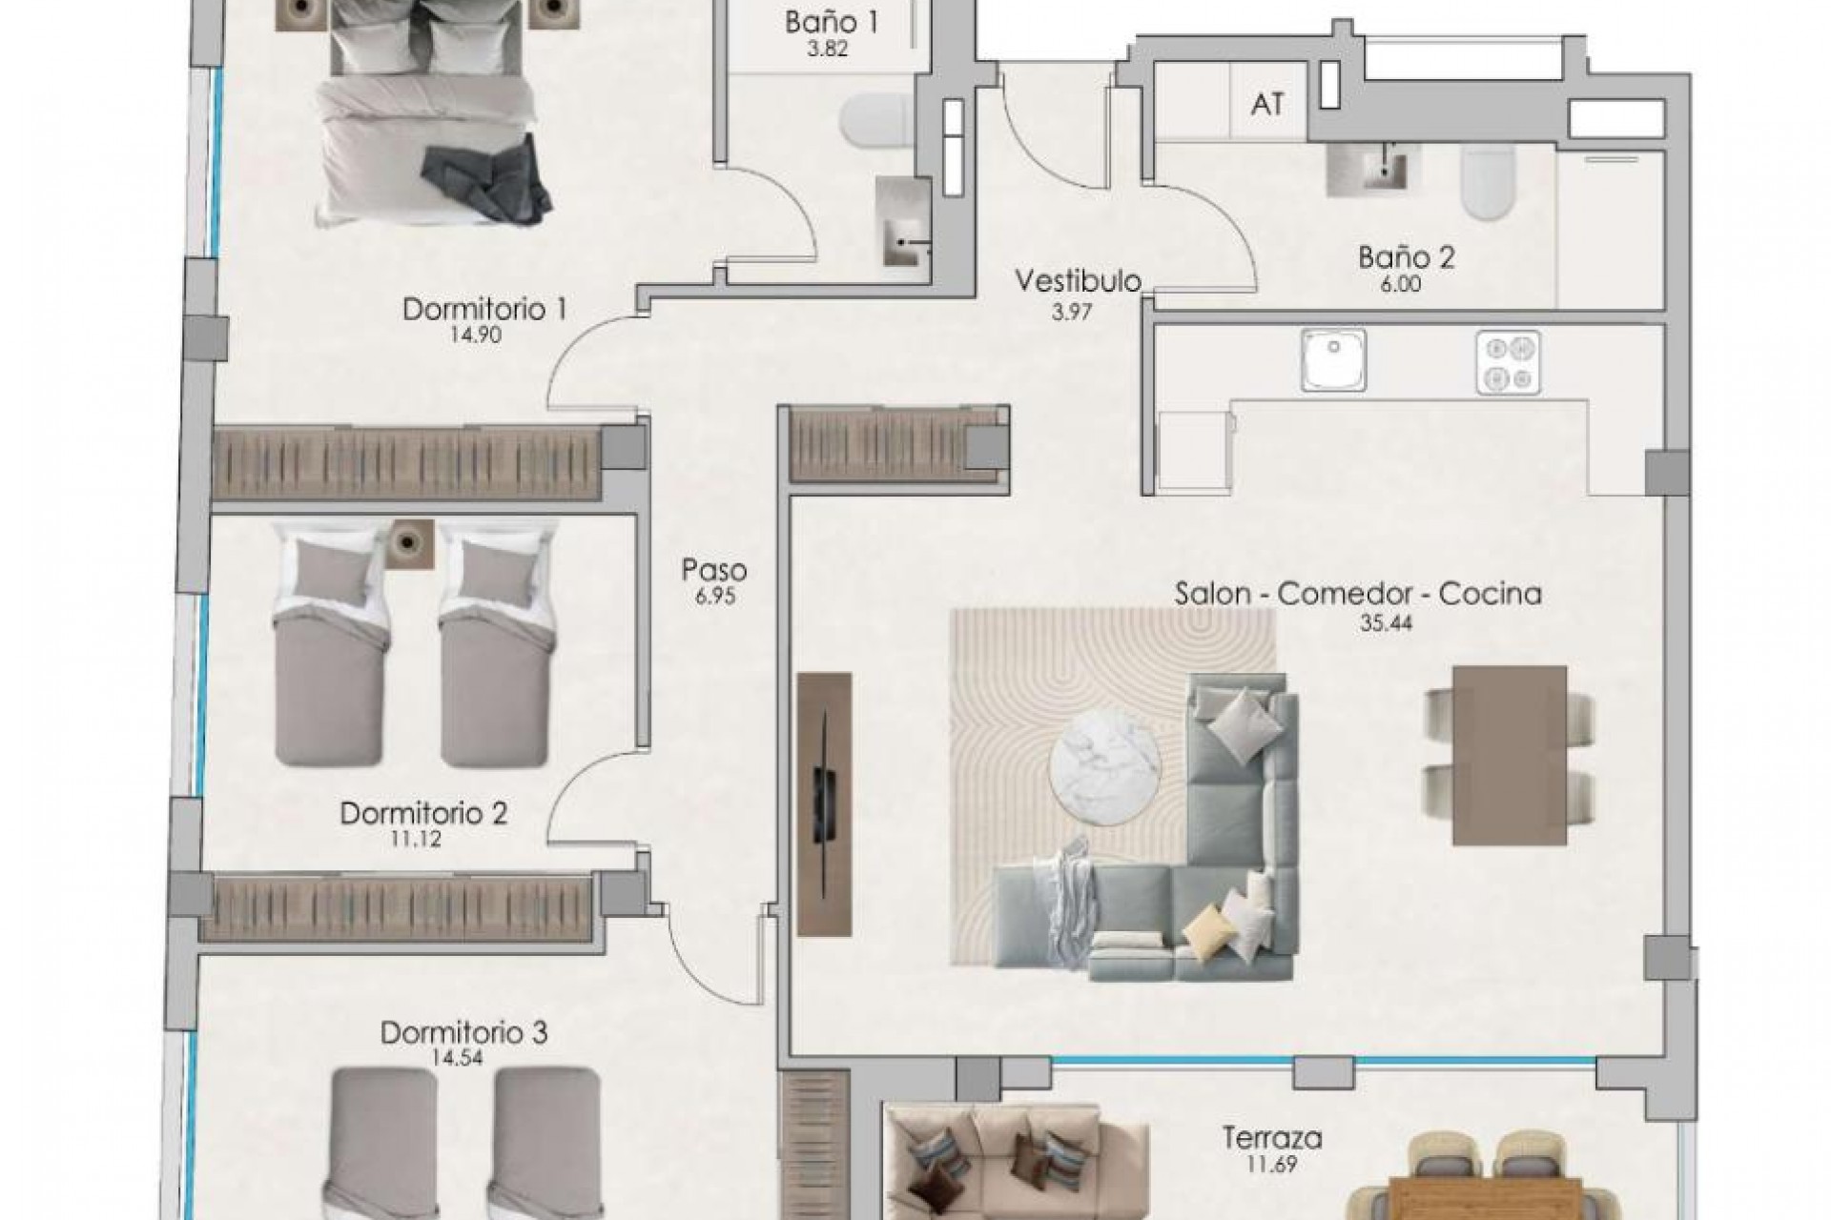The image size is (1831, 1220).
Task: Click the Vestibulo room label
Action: pyautogui.click(x=1078, y=281)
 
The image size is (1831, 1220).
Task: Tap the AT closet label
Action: pyautogui.click(x=1266, y=104)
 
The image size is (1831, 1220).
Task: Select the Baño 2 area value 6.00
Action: pyautogui.click(x=1400, y=284)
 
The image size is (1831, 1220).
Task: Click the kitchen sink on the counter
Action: pyautogui.click(x=1333, y=360)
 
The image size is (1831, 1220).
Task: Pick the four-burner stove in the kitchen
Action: pyautogui.click(x=1508, y=361)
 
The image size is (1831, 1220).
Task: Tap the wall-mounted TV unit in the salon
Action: pyautogui.click(x=823, y=803)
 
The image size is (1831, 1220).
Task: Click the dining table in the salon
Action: pyautogui.click(x=1509, y=755)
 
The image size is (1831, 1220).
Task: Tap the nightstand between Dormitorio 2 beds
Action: pyautogui.click(x=411, y=544)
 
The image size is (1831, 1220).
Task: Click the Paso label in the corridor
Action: pyautogui.click(x=713, y=570)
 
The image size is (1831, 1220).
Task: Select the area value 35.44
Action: pyautogui.click(x=1387, y=623)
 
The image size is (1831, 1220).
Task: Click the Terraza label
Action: pyautogui.click(x=1271, y=1137)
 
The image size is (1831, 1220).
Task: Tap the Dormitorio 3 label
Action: pyautogui.click(x=463, y=1032)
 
